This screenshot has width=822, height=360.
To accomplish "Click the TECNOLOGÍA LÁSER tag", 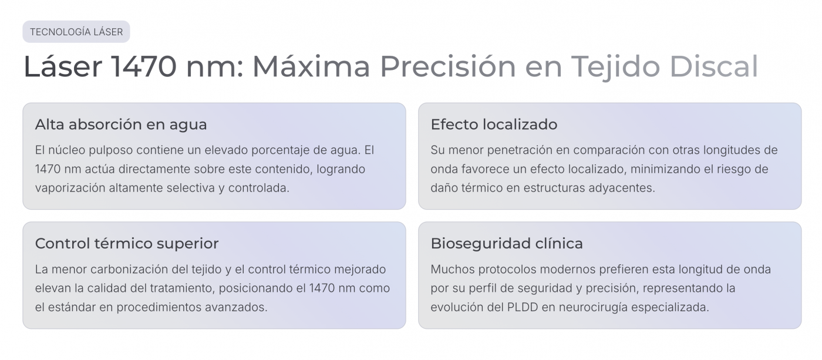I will tap(76, 32).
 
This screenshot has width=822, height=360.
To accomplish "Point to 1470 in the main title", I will tap(143, 66).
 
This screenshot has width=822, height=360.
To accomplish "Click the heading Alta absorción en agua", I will tap(121, 125).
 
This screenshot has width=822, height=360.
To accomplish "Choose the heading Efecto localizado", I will tap(494, 125).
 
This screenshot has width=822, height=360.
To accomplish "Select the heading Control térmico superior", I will tap(127, 243).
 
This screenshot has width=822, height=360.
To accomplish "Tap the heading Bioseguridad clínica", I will tap(507, 243).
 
